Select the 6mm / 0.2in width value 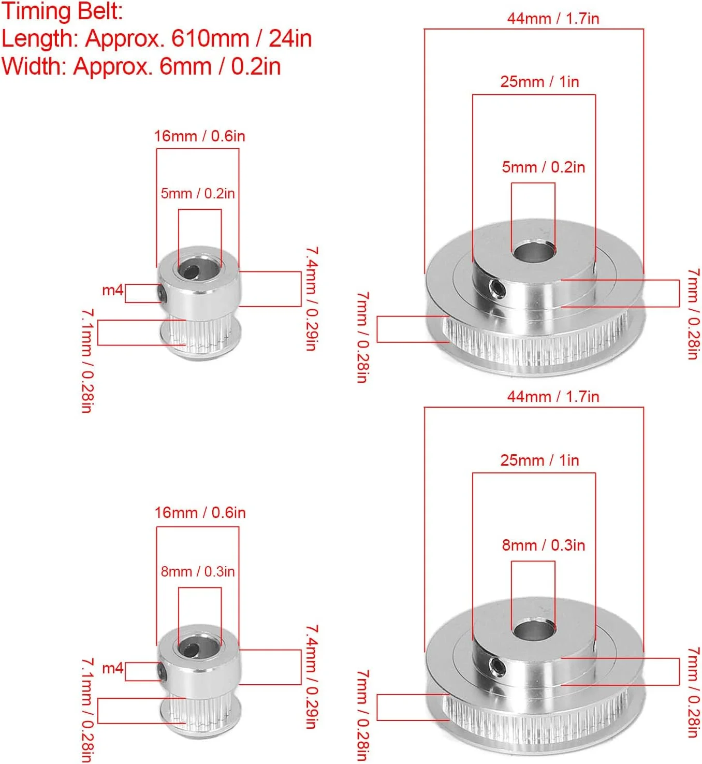pos(220,66)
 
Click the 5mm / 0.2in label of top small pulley pos(198,194)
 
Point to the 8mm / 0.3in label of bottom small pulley pos(198,571)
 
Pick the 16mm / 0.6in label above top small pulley pos(199,136)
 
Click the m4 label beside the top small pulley pos(113,290)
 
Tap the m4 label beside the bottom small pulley pos(113,668)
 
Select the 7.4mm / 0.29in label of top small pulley pos(312,298)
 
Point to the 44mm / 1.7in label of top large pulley pos(553,18)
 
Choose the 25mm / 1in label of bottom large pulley pos(539,460)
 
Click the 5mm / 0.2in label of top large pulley pos(543,167)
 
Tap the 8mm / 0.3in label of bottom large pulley pos(543,545)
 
